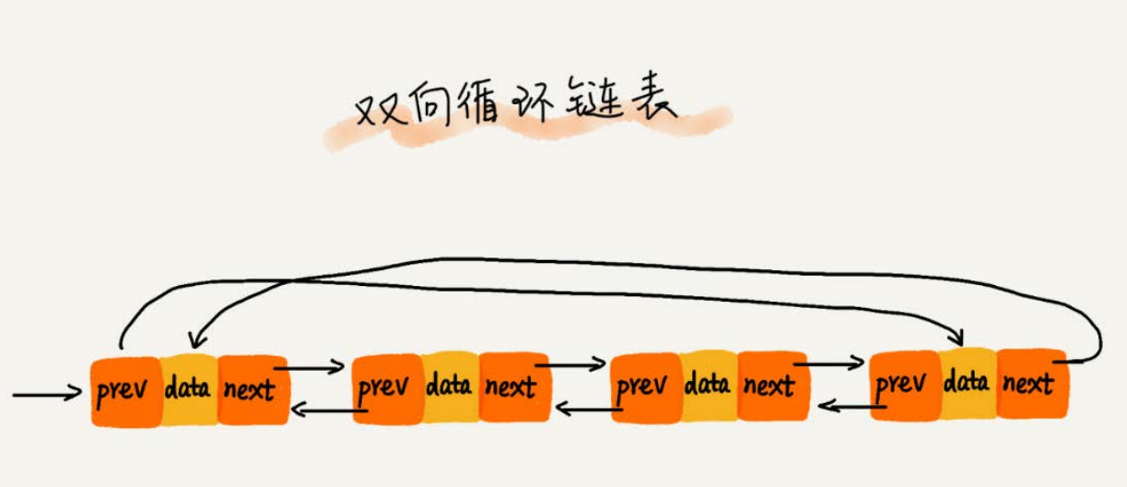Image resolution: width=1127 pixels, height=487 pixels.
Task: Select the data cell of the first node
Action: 188,388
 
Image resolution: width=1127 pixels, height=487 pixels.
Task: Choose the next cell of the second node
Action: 513,386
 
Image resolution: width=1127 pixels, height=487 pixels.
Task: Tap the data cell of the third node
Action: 709,386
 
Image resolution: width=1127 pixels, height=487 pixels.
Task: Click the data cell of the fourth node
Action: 968,382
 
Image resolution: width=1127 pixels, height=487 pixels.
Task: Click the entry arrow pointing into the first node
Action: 47,396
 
